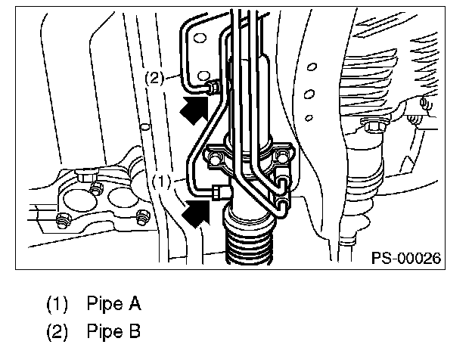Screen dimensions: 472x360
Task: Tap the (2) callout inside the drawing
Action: pos(154,77)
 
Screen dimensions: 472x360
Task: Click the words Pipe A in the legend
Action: pos(113,305)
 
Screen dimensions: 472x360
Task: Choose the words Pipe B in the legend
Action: pos(113,332)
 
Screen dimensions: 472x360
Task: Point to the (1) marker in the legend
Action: pos(58,305)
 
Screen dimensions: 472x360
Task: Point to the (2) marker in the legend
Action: pos(58,332)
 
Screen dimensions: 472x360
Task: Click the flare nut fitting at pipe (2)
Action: pos(214,88)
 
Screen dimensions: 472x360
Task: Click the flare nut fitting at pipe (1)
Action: pos(220,192)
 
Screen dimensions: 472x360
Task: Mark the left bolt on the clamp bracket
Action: pos(216,158)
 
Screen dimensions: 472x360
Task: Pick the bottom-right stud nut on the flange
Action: pos(141,221)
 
